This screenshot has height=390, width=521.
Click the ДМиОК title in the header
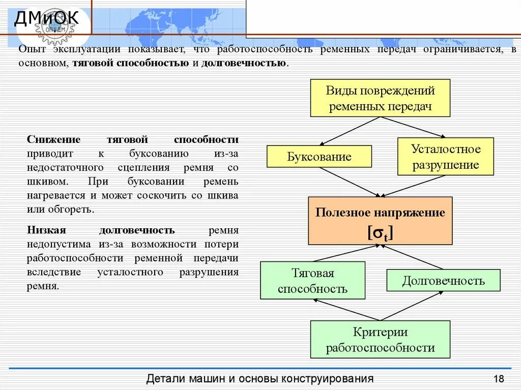(x=46, y=19)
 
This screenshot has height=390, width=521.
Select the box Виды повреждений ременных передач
(x=380, y=98)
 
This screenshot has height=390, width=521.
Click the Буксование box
(x=319, y=157)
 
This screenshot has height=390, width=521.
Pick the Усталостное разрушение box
(x=445, y=157)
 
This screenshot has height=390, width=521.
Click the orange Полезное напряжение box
(x=380, y=221)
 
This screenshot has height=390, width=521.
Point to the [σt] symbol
(x=380, y=232)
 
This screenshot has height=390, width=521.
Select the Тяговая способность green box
(x=312, y=281)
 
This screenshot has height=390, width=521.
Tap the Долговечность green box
(x=443, y=281)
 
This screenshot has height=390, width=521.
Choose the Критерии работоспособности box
(x=380, y=340)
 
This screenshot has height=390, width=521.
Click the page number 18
(x=498, y=379)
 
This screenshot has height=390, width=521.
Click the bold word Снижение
(x=47, y=140)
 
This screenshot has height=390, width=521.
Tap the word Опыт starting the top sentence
(x=31, y=50)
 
